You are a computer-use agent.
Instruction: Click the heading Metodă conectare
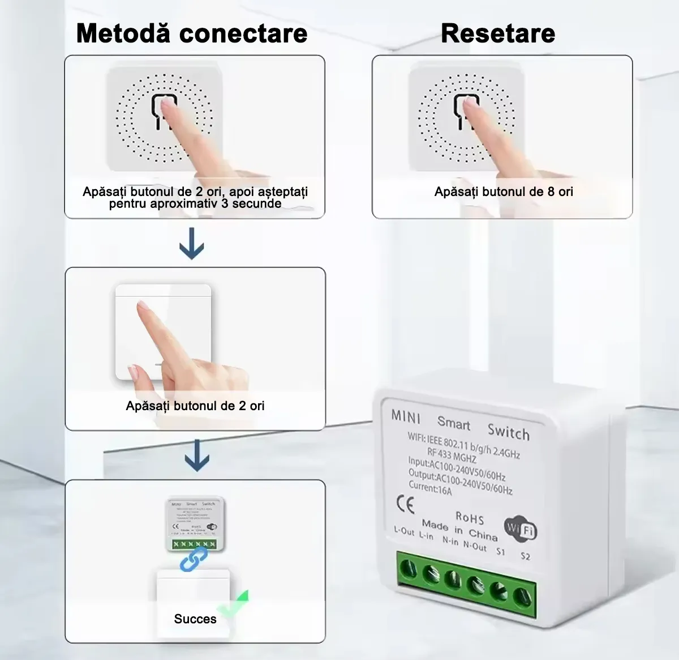tap(192, 33)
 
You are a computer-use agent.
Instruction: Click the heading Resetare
tap(497, 33)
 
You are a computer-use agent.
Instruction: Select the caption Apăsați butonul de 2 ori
tap(195, 406)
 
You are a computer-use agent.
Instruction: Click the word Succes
tap(195, 619)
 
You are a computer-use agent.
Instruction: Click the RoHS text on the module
tap(470, 517)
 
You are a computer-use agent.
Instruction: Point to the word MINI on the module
tap(406, 416)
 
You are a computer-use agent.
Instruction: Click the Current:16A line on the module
tap(431, 488)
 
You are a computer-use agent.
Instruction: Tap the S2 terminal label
tap(525, 556)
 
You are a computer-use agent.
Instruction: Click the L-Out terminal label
tap(404, 531)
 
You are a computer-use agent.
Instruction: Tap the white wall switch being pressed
tap(163, 331)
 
